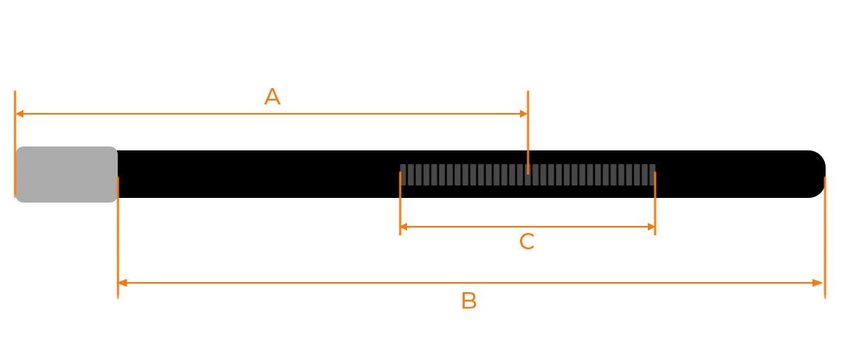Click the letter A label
(x=272, y=97)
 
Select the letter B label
(x=469, y=301)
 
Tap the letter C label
(x=527, y=242)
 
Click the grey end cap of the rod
(x=66, y=175)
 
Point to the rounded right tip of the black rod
(x=820, y=174)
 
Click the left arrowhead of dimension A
(x=19, y=114)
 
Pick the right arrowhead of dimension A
(x=524, y=114)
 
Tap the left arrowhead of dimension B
(x=122, y=283)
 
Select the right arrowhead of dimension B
(x=819, y=283)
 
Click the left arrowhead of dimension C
(x=405, y=227)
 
